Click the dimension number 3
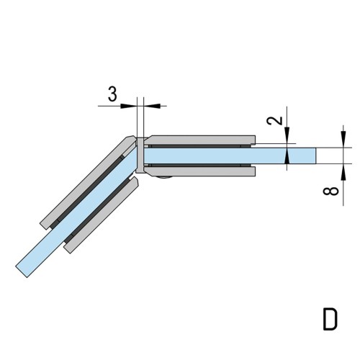(112, 94)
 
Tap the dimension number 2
(275, 120)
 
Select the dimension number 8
(331, 192)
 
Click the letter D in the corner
(330, 320)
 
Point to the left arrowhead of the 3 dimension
(128, 106)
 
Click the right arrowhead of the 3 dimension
(152, 106)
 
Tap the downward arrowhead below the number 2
(287, 135)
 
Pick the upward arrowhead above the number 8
(343, 172)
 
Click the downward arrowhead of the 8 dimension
(343, 139)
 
